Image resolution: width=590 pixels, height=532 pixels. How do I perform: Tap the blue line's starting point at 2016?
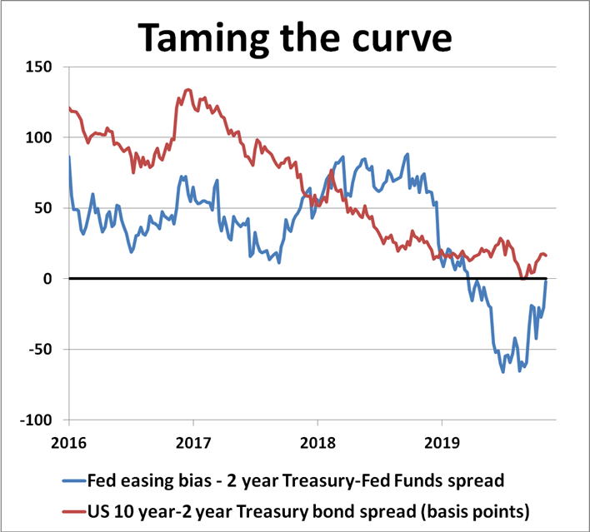[x=69, y=157]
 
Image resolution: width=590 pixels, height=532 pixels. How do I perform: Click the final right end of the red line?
[x=546, y=256]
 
